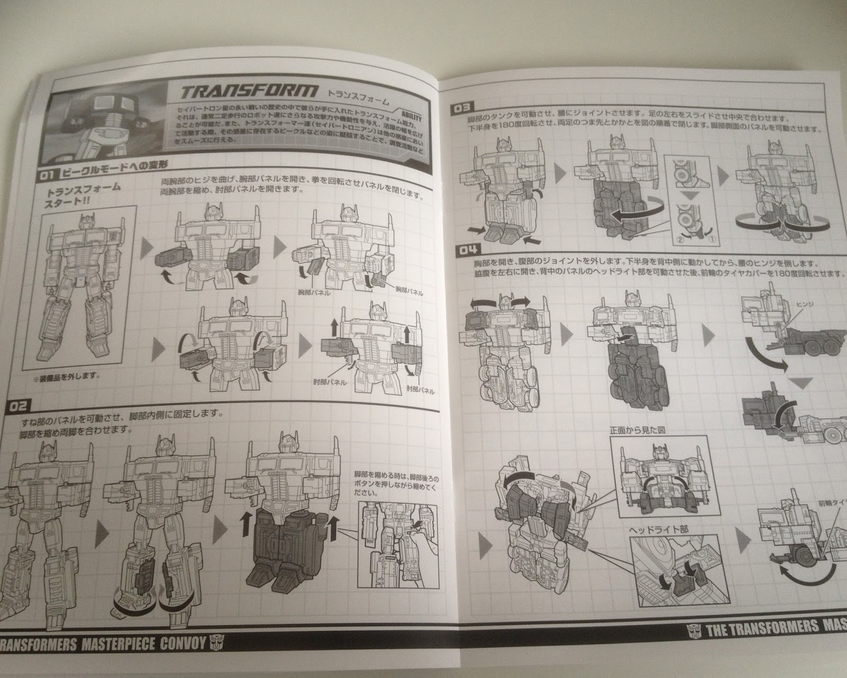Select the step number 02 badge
tap(18, 406)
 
